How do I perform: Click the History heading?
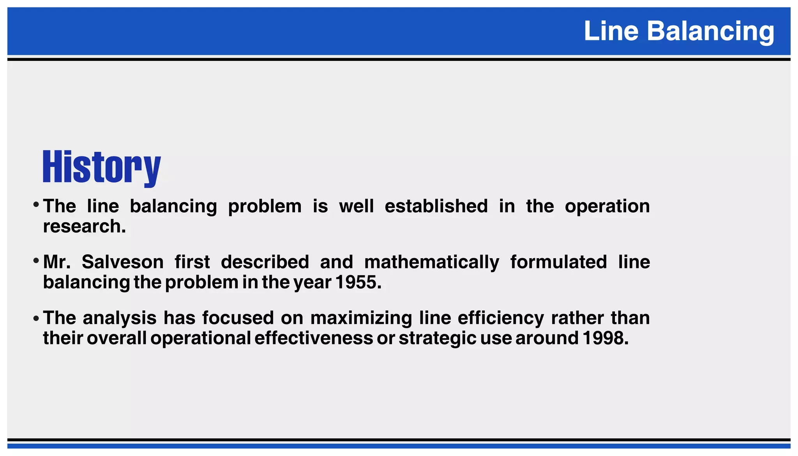tap(101, 167)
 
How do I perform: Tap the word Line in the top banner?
tap(611, 31)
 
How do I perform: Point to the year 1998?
tap(605, 338)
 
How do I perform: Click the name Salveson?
tap(122, 262)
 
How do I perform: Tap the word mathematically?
tap(431, 262)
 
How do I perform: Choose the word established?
tap(436, 206)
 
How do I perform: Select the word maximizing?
tap(361, 318)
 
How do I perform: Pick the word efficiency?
tap(500, 318)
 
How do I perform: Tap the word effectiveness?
tap(313, 338)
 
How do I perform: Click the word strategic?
tap(437, 338)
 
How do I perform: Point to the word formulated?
tap(558, 262)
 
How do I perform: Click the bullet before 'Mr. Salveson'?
tap(36, 261)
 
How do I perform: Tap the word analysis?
tap(119, 318)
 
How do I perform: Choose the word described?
tap(265, 262)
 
